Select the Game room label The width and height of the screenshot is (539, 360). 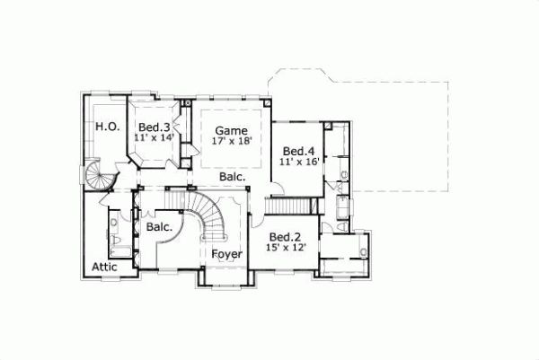point(231,130)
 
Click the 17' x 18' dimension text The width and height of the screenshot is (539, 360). point(232,142)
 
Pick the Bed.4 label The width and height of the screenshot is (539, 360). point(298,151)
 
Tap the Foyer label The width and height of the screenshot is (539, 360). point(226,255)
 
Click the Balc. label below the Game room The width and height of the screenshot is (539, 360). point(233,177)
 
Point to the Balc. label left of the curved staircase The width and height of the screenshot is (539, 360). point(160,228)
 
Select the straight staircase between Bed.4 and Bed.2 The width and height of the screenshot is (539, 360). point(289,207)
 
